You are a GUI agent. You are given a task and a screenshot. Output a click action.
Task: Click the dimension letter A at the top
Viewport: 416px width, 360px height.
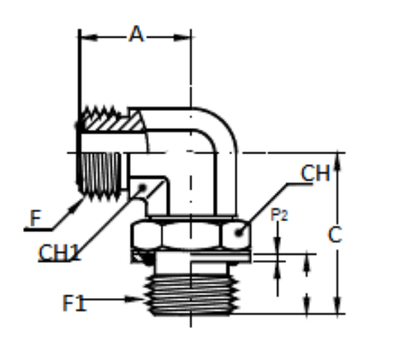[x=137, y=34]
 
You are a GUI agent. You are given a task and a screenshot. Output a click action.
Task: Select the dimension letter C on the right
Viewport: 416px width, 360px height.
[x=335, y=234]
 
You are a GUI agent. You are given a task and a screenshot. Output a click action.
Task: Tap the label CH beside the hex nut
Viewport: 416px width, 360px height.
[x=315, y=173]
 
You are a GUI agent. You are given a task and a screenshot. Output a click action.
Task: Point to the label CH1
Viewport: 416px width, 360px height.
[x=60, y=252]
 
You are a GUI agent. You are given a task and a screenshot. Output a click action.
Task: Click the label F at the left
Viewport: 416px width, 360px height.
[x=35, y=219]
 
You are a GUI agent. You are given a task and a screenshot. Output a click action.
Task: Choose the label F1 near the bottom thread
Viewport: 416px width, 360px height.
[x=74, y=302]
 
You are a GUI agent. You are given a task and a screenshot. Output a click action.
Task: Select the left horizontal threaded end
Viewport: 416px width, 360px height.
[x=101, y=172]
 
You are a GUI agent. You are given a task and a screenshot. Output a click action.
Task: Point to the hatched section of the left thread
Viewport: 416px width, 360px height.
[x=111, y=123]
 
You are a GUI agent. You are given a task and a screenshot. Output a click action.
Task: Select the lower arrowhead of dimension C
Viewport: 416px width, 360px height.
[x=337, y=308]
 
